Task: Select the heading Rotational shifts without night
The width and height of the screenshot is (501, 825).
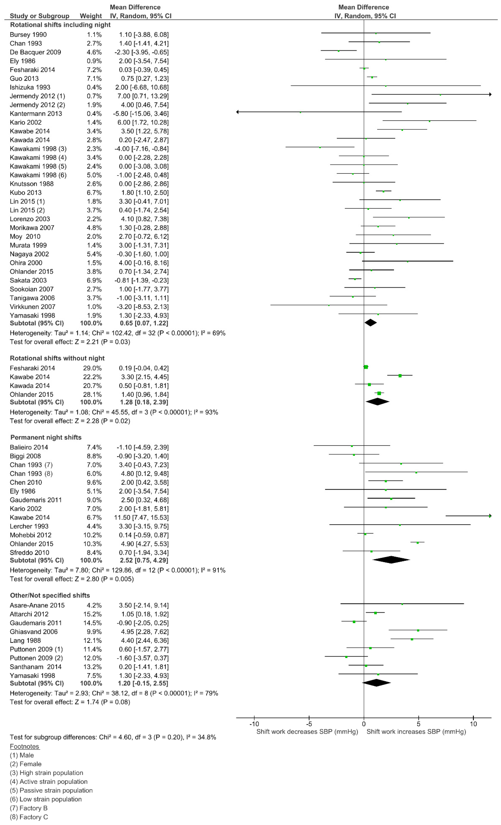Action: click(57, 358)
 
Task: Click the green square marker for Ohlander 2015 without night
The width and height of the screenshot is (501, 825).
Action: click(379, 393)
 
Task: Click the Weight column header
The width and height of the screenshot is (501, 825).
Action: click(91, 16)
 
